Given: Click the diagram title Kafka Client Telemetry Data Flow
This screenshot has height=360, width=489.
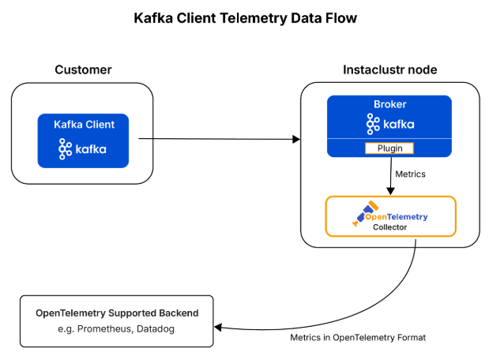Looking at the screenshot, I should [x=244, y=18].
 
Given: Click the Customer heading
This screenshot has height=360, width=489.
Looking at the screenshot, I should [x=83, y=70].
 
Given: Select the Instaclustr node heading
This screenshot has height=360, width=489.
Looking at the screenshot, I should [x=389, y=70].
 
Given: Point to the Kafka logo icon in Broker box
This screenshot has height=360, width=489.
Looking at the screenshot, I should [x=374, y=124].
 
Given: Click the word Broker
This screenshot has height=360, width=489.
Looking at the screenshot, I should [x=389, y=104].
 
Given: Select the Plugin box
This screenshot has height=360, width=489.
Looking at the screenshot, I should [x=389, y=148].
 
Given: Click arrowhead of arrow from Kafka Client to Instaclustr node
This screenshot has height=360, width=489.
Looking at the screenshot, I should [x=296, y=140].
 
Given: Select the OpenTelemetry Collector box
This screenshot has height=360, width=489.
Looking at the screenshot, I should [x=390, y=216].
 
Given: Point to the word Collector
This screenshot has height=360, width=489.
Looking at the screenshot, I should [x=389, y=227].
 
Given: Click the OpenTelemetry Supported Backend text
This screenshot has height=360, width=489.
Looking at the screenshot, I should [x=117, y=313].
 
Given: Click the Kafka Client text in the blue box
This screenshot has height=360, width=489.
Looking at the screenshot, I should [x=83, y=124].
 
